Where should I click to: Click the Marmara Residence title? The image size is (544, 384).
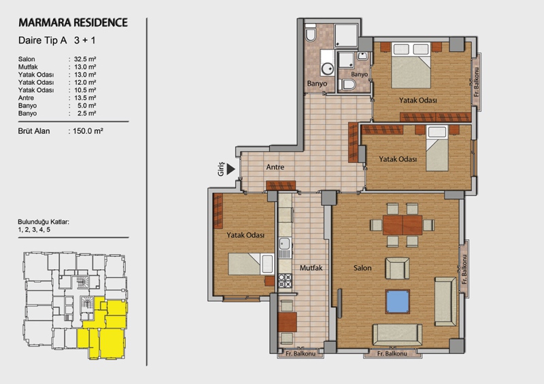73,22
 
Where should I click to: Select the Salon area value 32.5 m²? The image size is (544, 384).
85,59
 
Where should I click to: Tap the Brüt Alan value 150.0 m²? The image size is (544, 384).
88,131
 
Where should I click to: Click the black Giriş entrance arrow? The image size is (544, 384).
231,169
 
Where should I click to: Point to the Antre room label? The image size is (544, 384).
275,167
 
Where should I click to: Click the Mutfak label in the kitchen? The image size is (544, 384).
311,268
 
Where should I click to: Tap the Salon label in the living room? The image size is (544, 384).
362,268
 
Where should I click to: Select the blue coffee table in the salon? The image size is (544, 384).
398,302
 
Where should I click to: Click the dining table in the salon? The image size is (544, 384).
403,225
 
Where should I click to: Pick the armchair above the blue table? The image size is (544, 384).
398,268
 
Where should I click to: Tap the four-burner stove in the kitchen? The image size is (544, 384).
285,281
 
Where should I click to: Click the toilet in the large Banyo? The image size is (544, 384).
311,33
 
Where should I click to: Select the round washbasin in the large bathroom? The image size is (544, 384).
327,69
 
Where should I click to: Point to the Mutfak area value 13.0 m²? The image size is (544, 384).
85,67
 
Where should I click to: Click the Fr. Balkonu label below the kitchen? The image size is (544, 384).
301,353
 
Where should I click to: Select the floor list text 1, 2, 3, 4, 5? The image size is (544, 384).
34,230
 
